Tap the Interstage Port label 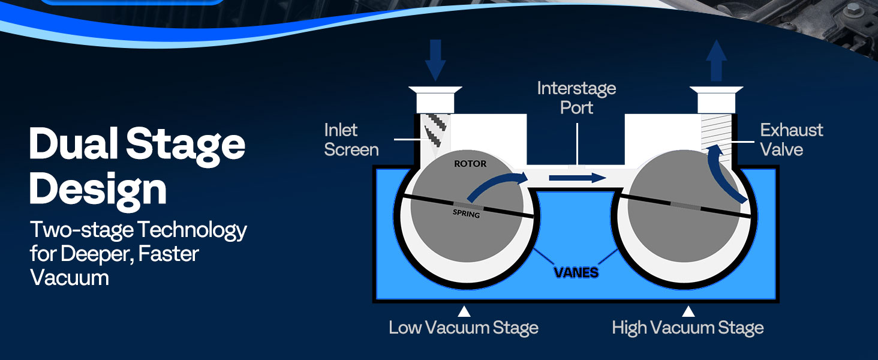(576, 98)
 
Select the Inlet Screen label (351, 140)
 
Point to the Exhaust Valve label (791, 140)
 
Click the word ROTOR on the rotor (470, 163)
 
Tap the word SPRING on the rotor (466, 212)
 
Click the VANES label (576, 272)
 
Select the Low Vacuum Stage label (464, 328)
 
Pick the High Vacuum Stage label (688, 328)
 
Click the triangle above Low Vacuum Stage (464, 311)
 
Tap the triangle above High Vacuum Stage (688, 311)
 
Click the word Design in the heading (98, 188)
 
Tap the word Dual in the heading (70, 145)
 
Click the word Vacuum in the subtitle (70, 278)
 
